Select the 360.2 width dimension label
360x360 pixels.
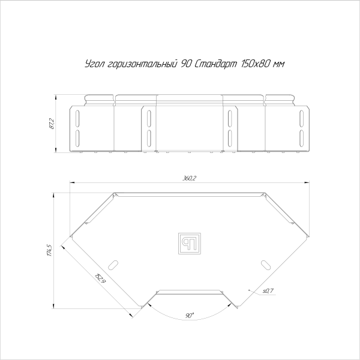190,178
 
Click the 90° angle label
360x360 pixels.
190,315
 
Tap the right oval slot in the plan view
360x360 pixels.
265,265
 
